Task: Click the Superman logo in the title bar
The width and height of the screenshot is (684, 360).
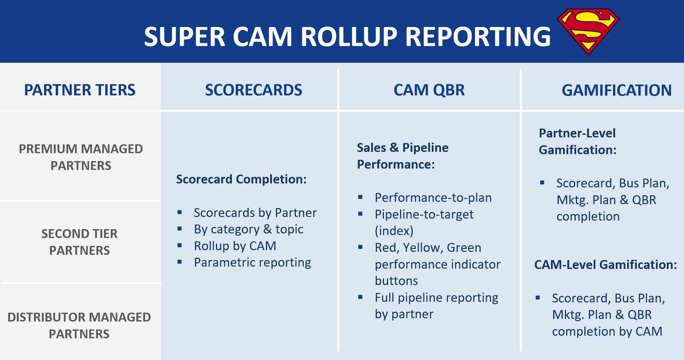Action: point(588,31)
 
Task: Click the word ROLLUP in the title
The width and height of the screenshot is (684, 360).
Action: point(349,37)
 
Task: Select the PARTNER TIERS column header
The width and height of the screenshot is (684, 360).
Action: point(80,90)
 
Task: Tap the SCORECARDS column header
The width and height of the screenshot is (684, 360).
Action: point(254,90)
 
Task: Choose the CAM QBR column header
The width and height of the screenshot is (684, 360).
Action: point(429,90)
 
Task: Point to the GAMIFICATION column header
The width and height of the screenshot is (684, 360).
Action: point(616,90)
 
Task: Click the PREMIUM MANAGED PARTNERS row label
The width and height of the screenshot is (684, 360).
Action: point(81,157)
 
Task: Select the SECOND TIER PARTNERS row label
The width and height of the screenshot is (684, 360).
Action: point(80,242)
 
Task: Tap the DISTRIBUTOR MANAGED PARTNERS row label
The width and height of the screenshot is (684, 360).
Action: point(79,325)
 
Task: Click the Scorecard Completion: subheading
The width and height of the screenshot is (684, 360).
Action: point(241,179)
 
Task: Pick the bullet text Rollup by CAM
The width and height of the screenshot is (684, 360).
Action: point(235,246)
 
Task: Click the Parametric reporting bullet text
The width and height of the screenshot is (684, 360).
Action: point(252,263)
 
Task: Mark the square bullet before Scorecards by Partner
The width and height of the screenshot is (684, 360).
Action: point(180,212)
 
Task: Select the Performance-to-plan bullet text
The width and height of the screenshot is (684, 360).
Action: point(433,198)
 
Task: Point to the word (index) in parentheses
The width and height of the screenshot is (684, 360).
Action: point(394,231)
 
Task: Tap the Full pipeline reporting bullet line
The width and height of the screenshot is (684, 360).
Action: point(436,298)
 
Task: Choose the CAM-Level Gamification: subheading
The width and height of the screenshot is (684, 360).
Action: point(605,265)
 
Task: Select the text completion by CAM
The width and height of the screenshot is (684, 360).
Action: point(607,331)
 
